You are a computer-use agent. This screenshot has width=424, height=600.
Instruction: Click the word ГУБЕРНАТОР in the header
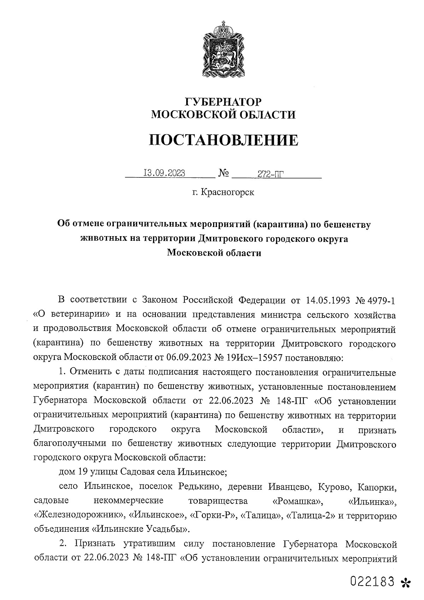[223, 102]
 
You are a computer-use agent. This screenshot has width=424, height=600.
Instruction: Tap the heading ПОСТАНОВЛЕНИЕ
[223, 140]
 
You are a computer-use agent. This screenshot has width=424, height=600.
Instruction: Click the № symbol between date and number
[224, 173]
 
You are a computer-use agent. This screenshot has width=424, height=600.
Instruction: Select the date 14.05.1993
[325, 301]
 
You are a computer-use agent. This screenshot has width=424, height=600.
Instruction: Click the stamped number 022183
[372, 581]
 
